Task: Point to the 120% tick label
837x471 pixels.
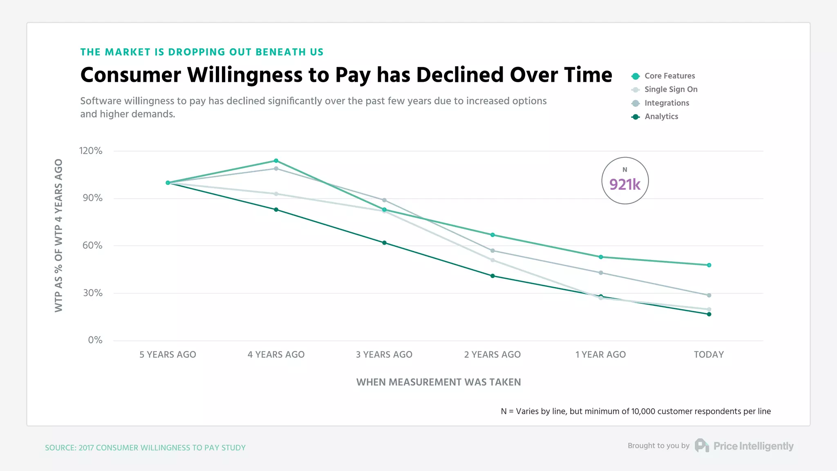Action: click(x=91, y=151)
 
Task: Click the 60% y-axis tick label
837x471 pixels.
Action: click(x=92, y=245)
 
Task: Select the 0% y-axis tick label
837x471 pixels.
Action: click(x=95, y=340)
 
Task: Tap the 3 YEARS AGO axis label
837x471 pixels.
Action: click(x=384, y=354)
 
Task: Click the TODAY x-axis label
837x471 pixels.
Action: click(x=709, y=354)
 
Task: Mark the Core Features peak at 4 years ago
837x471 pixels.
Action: click(x=276, y=161)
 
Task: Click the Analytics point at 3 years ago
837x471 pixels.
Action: click(x=384, y=243)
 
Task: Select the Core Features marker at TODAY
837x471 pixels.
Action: click(x=709, y=265)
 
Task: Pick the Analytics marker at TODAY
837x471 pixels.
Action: click(x=709, y=314)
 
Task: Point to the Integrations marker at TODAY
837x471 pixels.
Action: click(x=709, y=295)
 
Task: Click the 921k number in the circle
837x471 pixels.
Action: click(x=624, y=184)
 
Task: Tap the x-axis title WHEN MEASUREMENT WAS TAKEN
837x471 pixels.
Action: click(x=439, y=382)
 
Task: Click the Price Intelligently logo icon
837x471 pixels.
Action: click(x=701, y=446)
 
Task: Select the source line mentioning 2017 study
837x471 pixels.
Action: click(x=145, y=448)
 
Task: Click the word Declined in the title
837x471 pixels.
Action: click(x=460, y=75)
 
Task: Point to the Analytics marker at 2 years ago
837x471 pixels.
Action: click(x=492, y=276)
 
